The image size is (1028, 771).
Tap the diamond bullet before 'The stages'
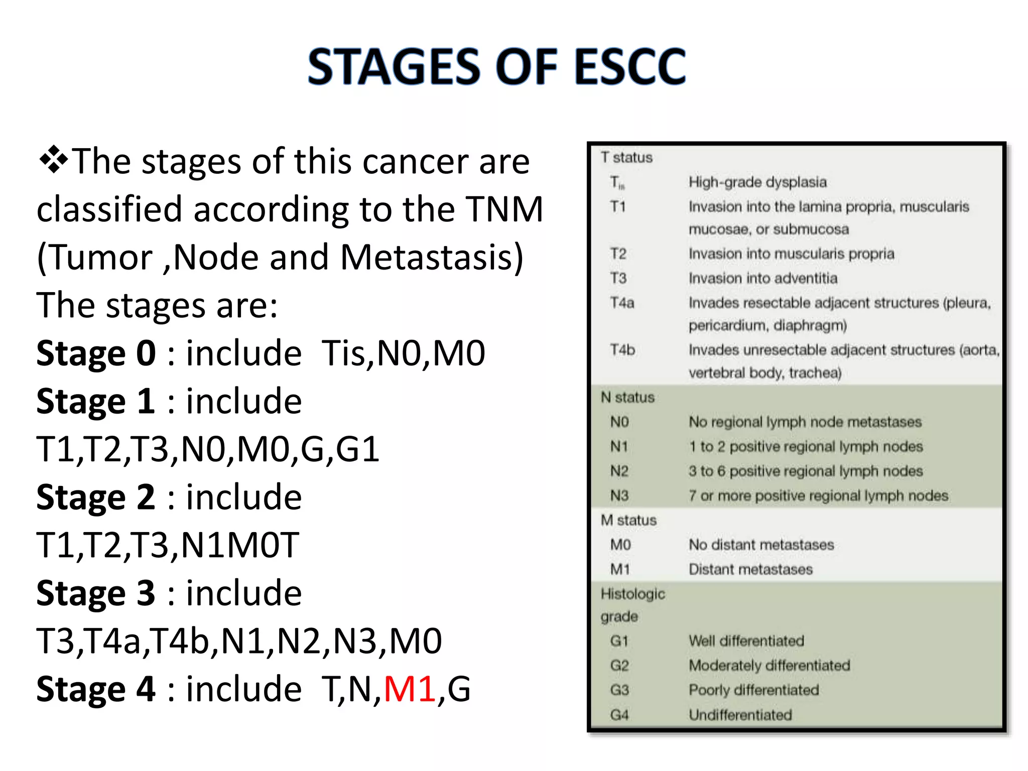pos(53,161)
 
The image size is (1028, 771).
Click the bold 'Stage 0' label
pos(96,353)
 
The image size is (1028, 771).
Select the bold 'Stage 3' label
pos(96,593)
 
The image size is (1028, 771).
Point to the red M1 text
pos(409,689)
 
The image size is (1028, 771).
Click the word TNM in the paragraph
pos(504,209)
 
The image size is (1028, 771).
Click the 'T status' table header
pos(626,158)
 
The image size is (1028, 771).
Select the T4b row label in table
pos(622,350)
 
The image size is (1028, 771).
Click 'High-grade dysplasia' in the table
pos(757,182)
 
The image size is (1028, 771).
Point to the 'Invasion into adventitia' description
pos(762,278)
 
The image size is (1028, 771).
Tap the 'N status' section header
pos(627,398)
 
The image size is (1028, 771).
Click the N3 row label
pos(619,496)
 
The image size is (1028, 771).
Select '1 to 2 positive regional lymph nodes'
pos(806,447)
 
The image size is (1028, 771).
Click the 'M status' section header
pos(628,521)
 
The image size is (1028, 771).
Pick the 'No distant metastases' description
pos(761,545)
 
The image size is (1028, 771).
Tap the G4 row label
pos(619,715)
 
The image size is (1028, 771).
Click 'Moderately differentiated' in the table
pos(769,666)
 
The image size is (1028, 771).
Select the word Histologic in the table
pos(632,594)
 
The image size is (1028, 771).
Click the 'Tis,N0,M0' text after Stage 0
pos(403,353)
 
